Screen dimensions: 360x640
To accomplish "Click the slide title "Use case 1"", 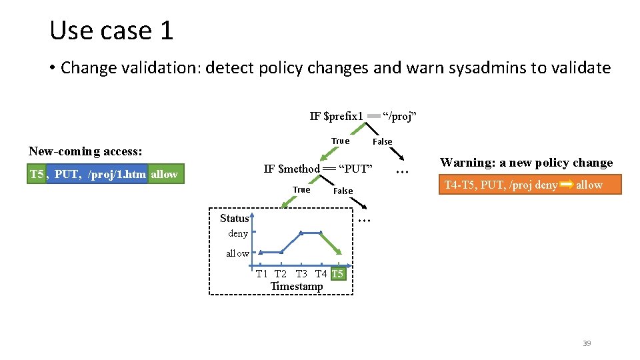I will point(111,31).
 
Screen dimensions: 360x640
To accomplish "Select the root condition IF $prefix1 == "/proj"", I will point(363,117).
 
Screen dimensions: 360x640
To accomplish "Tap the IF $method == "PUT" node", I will point(317,169).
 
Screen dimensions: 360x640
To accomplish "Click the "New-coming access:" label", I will point(85,151).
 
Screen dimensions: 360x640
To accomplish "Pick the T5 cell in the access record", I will point(37,175).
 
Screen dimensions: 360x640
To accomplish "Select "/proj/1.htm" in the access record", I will point(117,175).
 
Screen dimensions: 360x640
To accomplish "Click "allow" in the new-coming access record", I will point(165,175).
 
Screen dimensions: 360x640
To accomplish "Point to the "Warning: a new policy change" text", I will point(526,163).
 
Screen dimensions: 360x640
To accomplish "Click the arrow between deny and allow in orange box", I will point(567,185).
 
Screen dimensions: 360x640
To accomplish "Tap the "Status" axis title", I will point(234,218).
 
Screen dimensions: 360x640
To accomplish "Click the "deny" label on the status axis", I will point(238,233).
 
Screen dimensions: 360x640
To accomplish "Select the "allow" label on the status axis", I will point(237,253).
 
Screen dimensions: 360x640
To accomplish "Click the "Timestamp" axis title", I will point(296,287).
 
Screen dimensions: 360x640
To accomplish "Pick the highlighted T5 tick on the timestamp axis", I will point(337,274).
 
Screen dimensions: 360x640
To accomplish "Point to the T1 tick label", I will point(262,274).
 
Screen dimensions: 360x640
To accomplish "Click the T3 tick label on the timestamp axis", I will point(301,274).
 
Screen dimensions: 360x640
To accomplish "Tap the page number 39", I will point(587,343).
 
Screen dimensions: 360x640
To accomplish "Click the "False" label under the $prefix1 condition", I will point(382,141).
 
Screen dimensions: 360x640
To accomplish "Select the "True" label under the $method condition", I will point(301,190).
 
